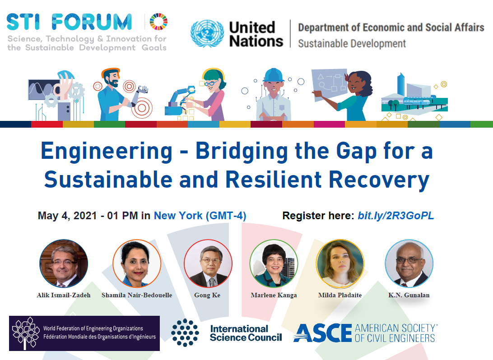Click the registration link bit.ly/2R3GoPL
[396, 216]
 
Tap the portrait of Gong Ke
[208, 263]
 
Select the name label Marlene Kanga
[274, 295]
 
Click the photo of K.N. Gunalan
[409, 263]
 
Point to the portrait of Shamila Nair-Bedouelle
[137, 263]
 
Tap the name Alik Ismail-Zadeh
[64, 295]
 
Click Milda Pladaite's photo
[340, 263]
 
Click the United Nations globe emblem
[207, 33]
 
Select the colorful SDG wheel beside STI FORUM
[158, 22]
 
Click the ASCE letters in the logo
[323, 333]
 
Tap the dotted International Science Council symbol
[185, 332]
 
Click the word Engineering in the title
[107, 152]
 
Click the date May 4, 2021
[67, 216]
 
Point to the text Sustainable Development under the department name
[352, 44]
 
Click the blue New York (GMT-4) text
[200, 216]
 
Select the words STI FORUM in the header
[69, 22]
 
